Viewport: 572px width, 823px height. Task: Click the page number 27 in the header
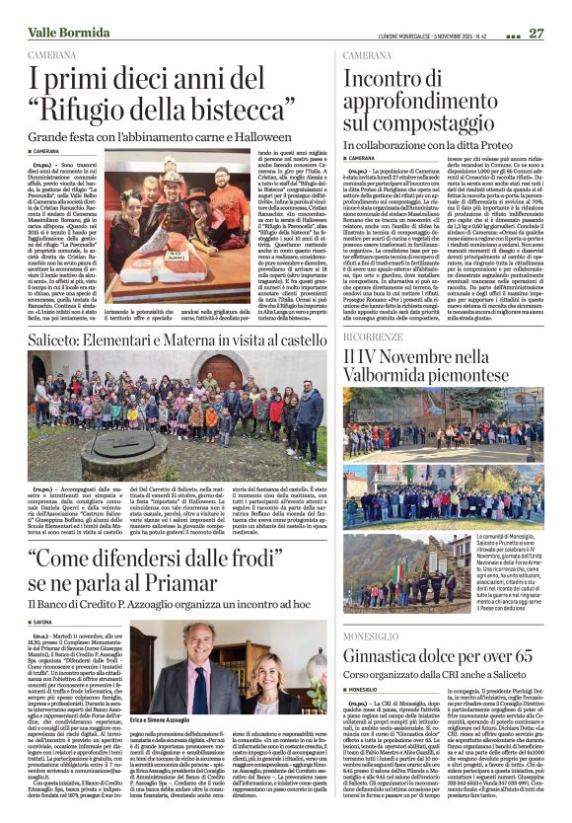coord(536,33)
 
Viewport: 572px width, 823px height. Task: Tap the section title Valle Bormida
coord(68,33)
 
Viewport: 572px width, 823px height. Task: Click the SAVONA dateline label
coord(49,620)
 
